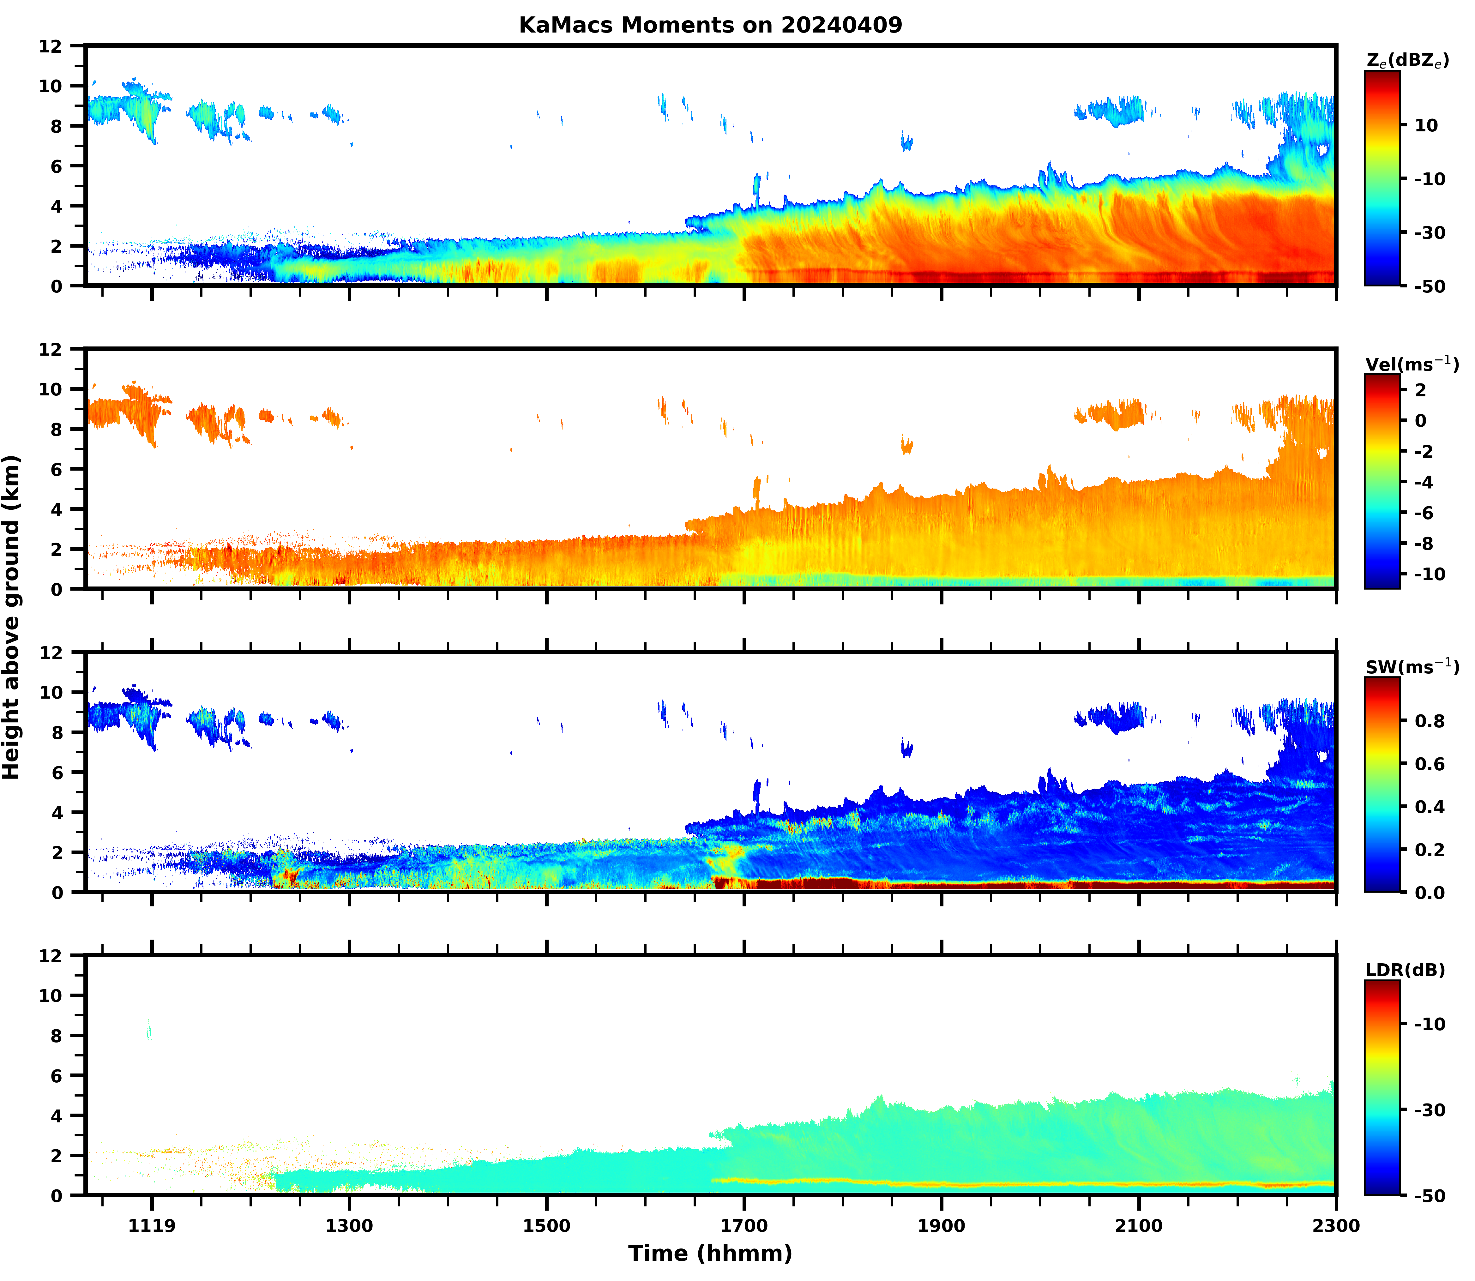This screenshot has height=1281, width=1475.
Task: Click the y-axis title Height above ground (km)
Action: coord(11,617)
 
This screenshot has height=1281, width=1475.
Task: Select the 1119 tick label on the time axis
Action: coord(152,1226)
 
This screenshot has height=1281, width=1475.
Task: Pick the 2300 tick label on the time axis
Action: coord(1336,1226)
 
